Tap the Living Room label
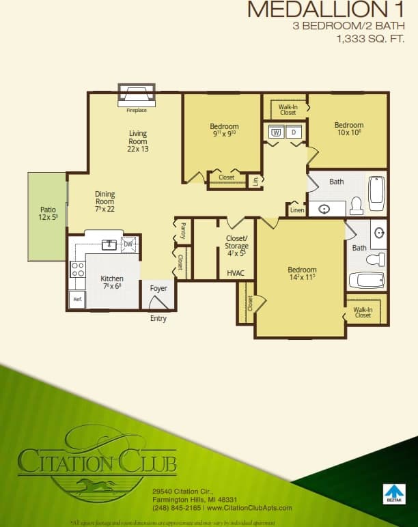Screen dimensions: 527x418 coord(137,141)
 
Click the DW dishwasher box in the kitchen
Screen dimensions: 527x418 coord(128,244)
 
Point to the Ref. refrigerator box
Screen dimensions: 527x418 coord(77,299)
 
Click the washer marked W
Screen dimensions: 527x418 coord(277,132)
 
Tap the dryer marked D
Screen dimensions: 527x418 coord(294,132)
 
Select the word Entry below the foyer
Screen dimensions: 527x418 coord(158,318)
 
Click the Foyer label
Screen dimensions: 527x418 coord(158,288)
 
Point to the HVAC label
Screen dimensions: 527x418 coord(235,273)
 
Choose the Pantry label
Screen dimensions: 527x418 coord(183,230)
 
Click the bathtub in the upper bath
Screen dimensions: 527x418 coord(377,193)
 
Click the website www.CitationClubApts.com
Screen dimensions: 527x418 coord(249,508)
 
